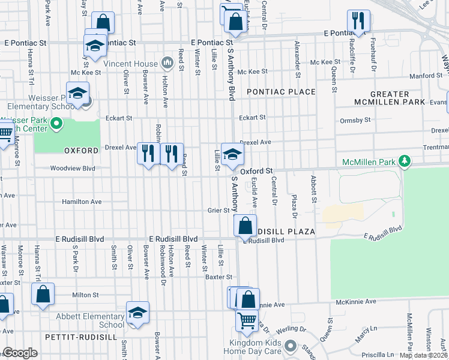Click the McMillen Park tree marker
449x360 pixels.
[405, 160]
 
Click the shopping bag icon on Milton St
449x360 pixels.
[43, 295]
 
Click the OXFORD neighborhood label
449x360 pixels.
[80, 150]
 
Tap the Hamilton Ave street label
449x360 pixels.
[82, 202]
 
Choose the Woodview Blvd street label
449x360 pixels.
[73, 169]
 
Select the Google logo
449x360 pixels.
[20, 353]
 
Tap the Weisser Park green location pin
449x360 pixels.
[57, 125]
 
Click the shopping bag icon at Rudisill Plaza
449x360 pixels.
[246, 226]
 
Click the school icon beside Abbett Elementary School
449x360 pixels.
[137, 313]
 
